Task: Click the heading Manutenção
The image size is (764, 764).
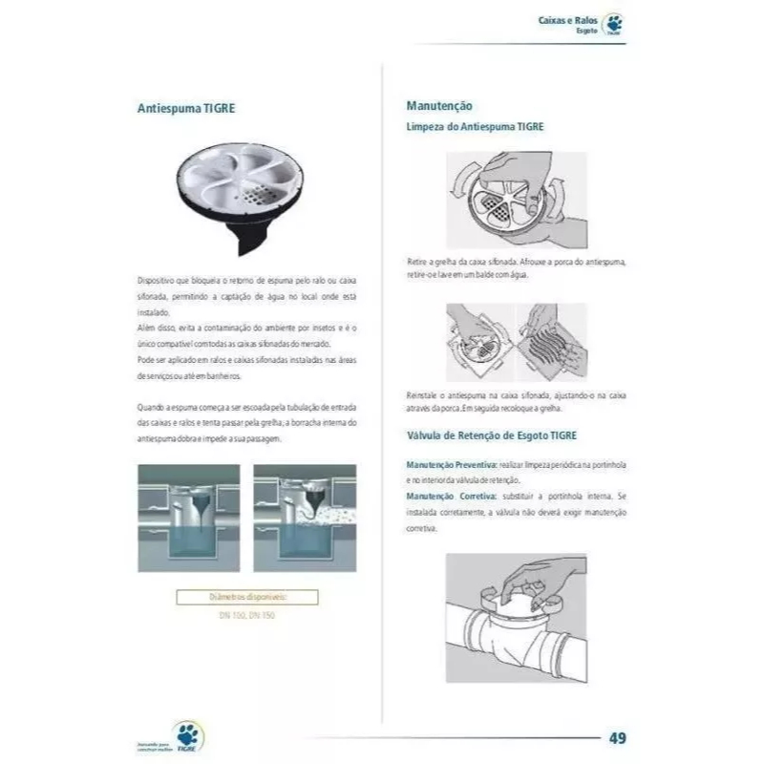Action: click(439, 106)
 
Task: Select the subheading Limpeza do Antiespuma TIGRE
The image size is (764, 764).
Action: click(476, 126)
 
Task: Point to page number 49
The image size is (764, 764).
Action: click(618, 737)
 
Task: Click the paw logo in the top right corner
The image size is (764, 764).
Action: click(613, 26)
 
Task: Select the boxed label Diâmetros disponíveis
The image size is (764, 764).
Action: click(247, 598)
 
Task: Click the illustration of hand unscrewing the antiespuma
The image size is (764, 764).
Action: click(517, 201)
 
